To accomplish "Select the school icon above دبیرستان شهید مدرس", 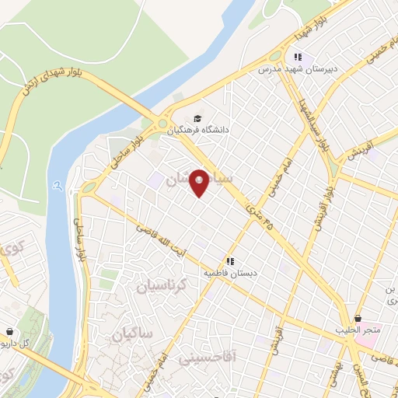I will [x=296, y=56].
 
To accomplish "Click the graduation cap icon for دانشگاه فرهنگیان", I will [x=197, y=118].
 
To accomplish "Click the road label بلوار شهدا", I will [x=298, y=33].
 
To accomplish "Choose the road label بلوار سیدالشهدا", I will [x=312, y=120].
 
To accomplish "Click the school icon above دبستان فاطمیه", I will [x=229, y=261].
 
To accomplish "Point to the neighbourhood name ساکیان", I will [x=132, y=335].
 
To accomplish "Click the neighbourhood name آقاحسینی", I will [x=201, y=359].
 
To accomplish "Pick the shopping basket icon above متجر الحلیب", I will [x=358, y=318].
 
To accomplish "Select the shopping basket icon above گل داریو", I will [x=9, y=330].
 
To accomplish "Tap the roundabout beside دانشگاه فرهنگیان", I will [x=163, y=123].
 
